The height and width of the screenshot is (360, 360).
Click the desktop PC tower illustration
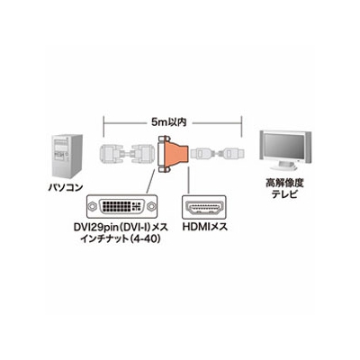pyautogui.click(x=67, y=157)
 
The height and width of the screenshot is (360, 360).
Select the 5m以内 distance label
pyautogui.click(x=169, y=121)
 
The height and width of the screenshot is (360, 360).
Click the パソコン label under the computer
pyautogui.click(x=66, y=187)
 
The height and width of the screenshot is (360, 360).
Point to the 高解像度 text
pyautogui.click(x=284, y=183)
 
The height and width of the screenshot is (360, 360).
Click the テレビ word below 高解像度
pyautogui.click(x=284, y=194)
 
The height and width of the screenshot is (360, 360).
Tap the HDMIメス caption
pyautogui.click(x=205, y=227)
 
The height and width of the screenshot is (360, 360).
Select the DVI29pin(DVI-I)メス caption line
pyautogui.click(x=121, y=228)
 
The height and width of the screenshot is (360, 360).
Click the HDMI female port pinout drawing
pyautogui.click(x=204, y=207)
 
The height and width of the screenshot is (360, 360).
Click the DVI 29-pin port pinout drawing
pyautogui.click(x=121, y=207)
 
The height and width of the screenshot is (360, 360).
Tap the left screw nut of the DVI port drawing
pyautogui.click(x=92, y=207)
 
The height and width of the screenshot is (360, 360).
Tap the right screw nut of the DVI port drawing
pyautogui.click(x=151, y=207)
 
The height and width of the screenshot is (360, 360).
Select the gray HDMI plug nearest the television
pyautogui.click(x=234, y=154)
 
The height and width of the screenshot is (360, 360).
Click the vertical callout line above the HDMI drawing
pyautogui.click(x=188, y=179)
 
